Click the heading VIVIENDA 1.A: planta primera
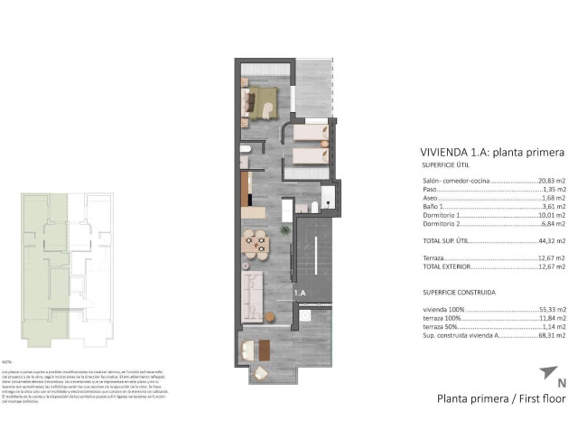pos(492,152)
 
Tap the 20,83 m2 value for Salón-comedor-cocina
pos(550,182)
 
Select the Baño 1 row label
pos(433,207)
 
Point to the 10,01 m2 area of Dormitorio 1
pos(550,216)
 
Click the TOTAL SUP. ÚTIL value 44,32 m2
pos(550,241)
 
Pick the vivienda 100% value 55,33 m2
pos(550,310)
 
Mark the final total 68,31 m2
pos(550,335)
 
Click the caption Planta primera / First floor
pos(501,397)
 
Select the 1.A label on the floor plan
pos(300,293)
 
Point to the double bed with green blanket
pos(261,103)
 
